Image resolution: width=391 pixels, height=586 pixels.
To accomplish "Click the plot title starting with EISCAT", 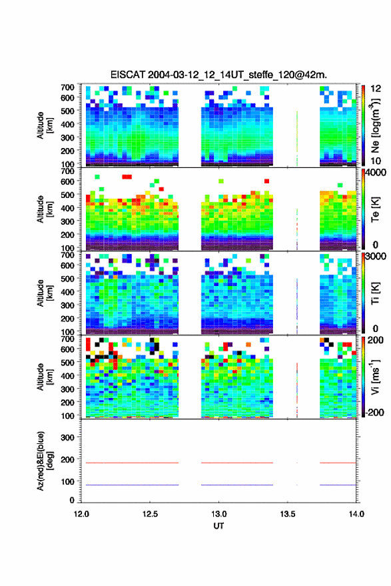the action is tap(218, 75).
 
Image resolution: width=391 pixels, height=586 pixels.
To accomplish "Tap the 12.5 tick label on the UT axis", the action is tap(150, 514).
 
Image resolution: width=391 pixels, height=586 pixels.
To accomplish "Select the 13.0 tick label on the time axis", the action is tap(219, 514).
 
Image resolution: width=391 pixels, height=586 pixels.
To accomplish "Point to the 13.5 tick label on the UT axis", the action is tap(288, 514).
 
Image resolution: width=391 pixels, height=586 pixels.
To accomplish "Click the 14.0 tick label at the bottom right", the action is tap(356, 514).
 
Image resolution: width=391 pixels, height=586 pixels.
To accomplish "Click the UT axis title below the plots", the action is tap(218, 526).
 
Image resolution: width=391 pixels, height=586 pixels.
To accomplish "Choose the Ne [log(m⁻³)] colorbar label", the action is tap(375, 125).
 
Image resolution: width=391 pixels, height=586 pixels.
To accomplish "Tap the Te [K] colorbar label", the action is tap(375, 209).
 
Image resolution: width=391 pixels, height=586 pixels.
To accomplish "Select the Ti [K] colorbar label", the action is tap(375, 293).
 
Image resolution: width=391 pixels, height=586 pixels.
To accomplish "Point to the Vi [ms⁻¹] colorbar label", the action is tap(375, 377).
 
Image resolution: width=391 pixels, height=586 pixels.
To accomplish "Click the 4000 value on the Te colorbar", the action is tap(376, 173).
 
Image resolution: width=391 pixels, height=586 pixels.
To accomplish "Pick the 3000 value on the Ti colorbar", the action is tap(376, 257).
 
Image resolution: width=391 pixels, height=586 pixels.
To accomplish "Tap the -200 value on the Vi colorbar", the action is tap(374, 413).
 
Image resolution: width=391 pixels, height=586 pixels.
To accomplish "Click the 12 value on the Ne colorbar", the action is tap(376, 89).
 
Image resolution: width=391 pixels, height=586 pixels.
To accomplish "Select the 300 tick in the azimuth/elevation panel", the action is tap(67, 437).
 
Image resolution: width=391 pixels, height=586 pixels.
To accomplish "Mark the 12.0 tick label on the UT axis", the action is tap(81, 514).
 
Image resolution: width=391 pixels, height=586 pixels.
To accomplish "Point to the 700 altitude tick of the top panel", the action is tap(67, 87).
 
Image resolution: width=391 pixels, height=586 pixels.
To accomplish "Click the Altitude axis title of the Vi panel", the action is tap(44, 377).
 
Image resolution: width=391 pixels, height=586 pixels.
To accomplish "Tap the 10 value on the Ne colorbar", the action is tap(376, 161).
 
